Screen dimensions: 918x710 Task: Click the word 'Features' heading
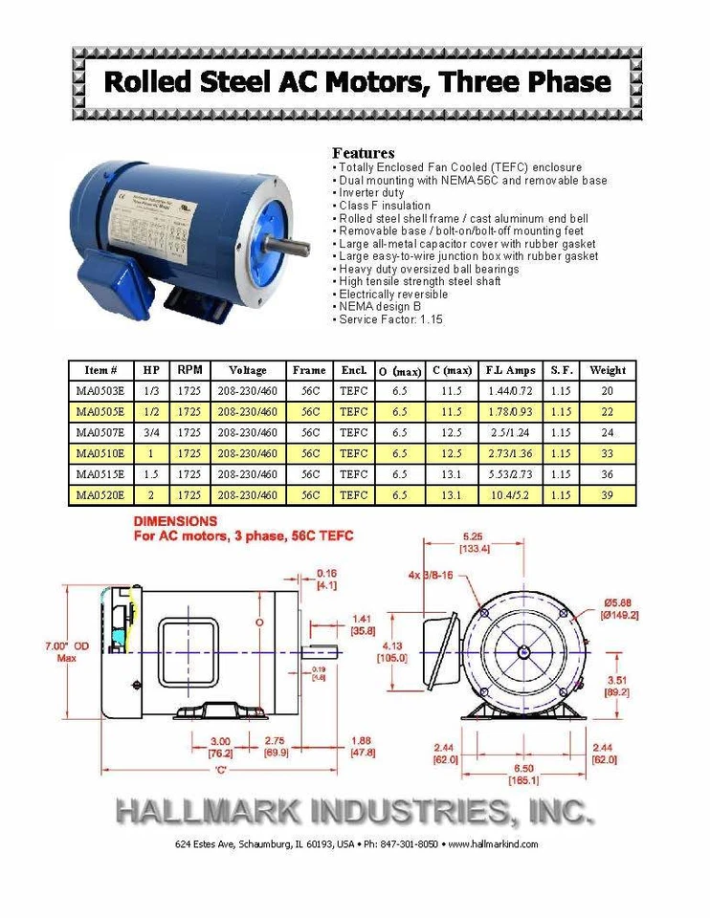click(x=363, y=153)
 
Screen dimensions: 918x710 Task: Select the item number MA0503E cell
click(x=100, y=391)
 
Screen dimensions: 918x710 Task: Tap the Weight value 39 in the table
click(x=607, y=495)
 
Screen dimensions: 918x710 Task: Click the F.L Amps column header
click(x=510, y=370)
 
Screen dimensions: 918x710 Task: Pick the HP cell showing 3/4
click(x=151, y=433)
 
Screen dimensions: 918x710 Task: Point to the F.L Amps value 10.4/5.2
click(x=510, y=495)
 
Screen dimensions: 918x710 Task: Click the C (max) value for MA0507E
click(x=452, y=433)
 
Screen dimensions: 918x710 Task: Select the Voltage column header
click(x=247, y=370)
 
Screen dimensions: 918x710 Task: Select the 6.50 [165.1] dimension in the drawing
click(x=523, y=775)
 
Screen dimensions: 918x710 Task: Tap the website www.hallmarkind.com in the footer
click(x=493, y=844)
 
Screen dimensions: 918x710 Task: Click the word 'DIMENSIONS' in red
click(x=175, y=521)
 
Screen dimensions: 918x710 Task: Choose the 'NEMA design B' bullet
click(x=379, y=307)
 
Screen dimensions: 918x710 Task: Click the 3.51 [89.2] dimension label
click(x=617, y=686)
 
